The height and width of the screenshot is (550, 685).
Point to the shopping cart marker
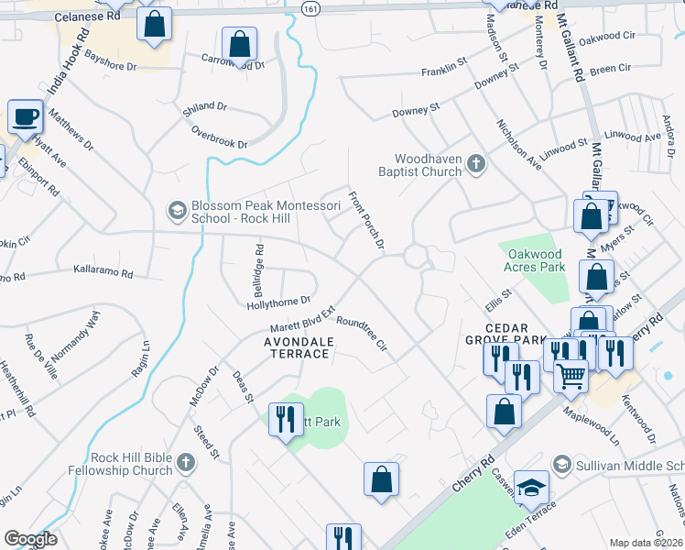pyautogui.click(x=571, y=374)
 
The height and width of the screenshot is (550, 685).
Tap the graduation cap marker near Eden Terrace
pyautogui.click(x=531, y=489)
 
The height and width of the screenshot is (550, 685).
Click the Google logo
pyautogui.click(x=30, y=539)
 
